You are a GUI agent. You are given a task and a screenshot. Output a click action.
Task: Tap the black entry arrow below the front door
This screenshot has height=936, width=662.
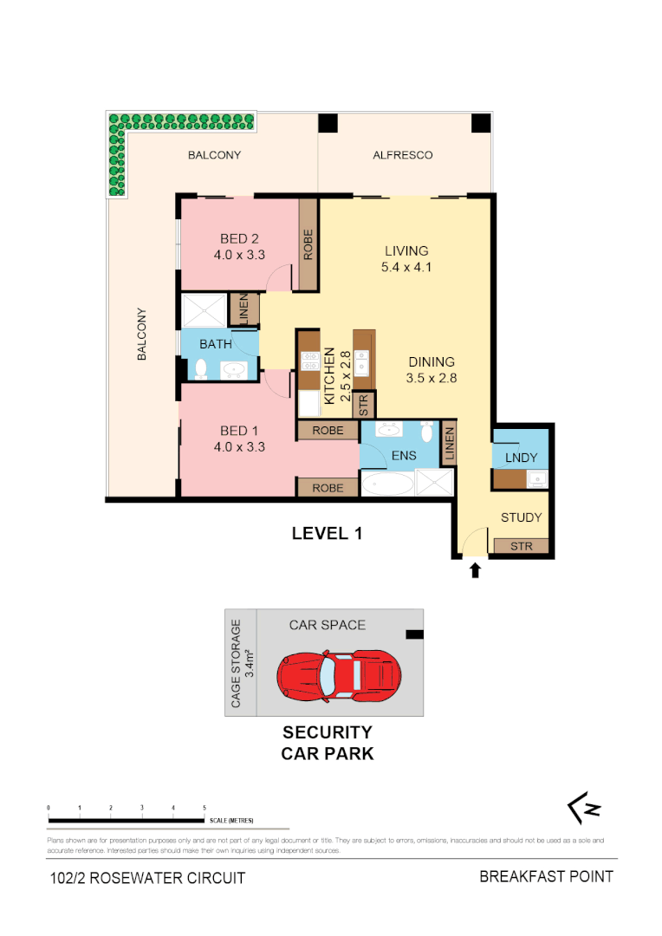(474, 569)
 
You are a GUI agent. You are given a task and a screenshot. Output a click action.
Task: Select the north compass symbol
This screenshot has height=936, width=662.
(584, 809)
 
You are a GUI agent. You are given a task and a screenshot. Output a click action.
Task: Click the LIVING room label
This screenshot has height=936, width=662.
(406, 251)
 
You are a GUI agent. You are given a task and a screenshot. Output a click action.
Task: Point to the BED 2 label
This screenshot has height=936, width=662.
(240, 238)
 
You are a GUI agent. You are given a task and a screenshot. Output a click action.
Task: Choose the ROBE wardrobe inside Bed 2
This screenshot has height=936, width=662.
(308, 244)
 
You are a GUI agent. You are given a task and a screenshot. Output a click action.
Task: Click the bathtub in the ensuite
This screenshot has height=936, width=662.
(386, 484)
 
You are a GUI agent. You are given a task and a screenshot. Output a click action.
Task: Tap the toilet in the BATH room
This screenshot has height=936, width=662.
(200, 369)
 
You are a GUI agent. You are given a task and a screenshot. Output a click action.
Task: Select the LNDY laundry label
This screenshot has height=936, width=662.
(521, 457)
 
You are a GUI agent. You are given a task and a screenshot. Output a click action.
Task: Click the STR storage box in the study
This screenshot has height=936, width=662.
(521, 546)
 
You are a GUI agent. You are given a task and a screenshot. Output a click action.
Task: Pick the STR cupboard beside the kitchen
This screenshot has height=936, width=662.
(364, 405)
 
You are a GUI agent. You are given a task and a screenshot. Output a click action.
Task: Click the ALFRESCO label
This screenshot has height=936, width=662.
(402, 155)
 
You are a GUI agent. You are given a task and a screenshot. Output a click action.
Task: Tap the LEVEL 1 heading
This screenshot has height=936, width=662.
(326, 534)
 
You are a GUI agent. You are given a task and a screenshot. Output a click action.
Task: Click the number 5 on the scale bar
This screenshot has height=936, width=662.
(204, 807)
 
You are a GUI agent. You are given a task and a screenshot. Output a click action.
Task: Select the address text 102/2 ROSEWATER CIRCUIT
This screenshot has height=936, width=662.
(147, 878)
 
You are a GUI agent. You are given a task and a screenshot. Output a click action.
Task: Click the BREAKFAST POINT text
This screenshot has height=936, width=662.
(546, 876)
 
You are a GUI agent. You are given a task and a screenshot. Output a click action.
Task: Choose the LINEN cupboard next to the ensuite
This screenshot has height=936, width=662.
(450, 445)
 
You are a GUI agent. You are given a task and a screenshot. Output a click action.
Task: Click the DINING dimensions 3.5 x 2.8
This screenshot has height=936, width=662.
(431, 378)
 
